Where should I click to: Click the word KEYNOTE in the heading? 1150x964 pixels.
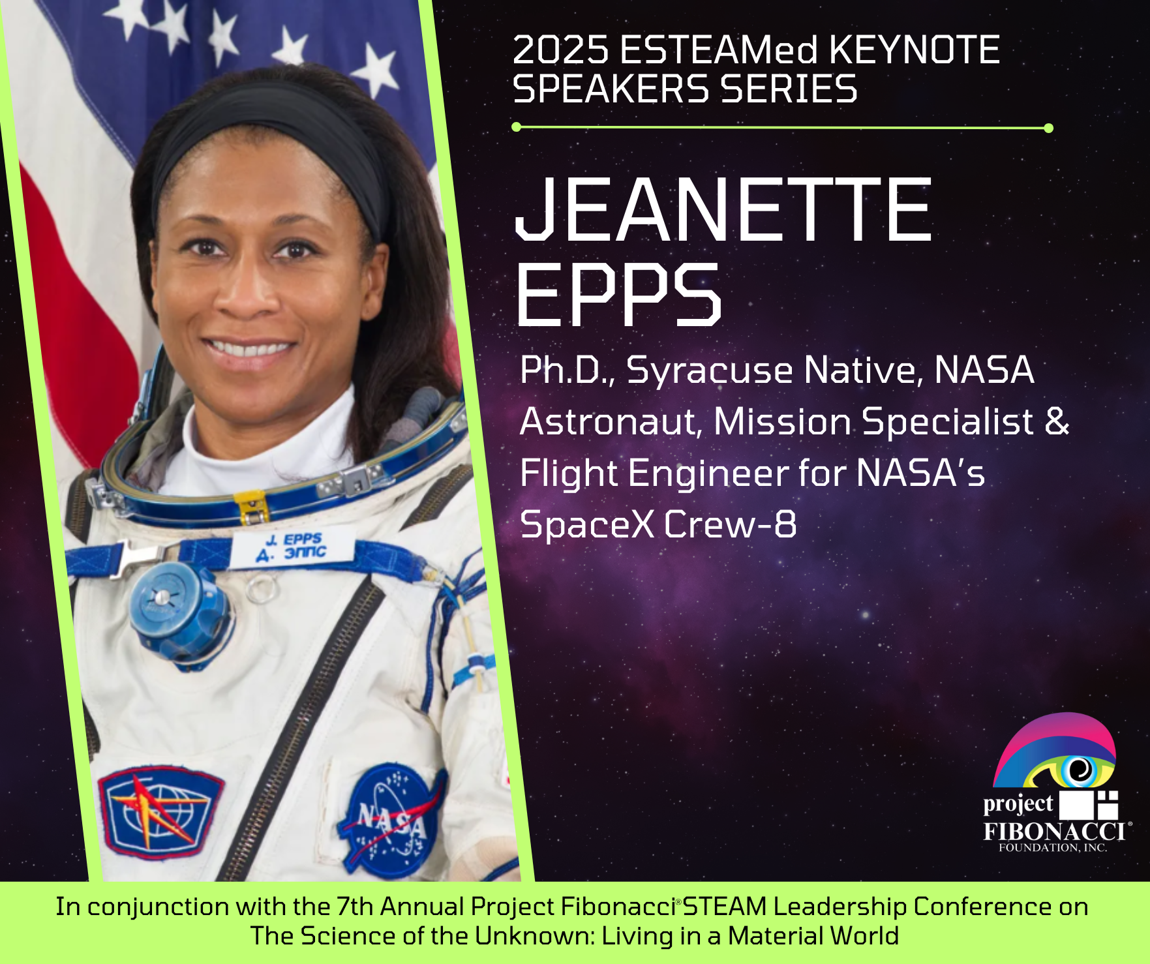(915, 50)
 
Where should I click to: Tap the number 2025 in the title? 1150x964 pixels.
(561, 50)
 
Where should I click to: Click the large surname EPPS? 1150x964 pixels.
(618, 294)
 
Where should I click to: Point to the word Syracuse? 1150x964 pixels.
(709, 371)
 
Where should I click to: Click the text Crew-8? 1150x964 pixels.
(731, 524)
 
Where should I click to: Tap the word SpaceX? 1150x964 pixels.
(587, 525)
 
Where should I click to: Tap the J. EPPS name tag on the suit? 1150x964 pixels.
(292, 547)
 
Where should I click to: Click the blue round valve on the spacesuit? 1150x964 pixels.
(177, 612)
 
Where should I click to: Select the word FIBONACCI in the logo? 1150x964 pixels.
(1054, 831)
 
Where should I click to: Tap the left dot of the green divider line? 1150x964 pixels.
(517, 127)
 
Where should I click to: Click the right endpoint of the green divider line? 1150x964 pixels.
(1048, 128)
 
